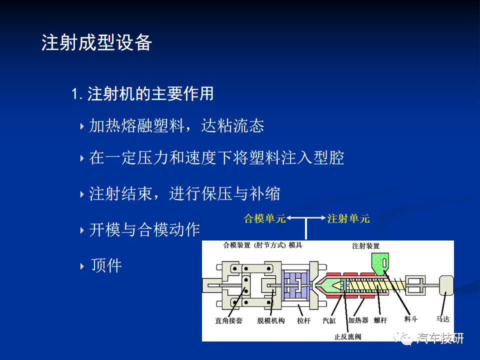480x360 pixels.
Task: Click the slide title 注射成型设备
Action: [96, 42]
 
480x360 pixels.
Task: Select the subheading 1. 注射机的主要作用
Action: [142, 93]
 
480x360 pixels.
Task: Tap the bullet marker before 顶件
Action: [82, 266]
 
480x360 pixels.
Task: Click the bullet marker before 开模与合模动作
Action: [82, 230]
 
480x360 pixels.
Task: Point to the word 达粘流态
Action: [232, 126]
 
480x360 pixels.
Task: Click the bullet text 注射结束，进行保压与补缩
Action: [184, 193]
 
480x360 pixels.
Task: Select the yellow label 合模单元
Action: [264, 218]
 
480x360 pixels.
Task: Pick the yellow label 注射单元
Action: [348, 218]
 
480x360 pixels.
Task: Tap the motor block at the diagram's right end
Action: [446, 285]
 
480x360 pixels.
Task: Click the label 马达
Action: [442, 319]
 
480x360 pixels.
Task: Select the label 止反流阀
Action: [348, 336]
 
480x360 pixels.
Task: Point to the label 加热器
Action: [358, 320]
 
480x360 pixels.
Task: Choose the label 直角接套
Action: [228, 320]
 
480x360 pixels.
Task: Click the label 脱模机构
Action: [271, 320]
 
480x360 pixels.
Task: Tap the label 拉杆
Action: [303, 320]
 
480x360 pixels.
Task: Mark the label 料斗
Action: [411, 319]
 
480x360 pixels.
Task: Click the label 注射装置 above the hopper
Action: [366, 246]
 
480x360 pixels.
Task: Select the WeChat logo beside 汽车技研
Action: [403, 338]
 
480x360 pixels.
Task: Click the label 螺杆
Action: [380, 320]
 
